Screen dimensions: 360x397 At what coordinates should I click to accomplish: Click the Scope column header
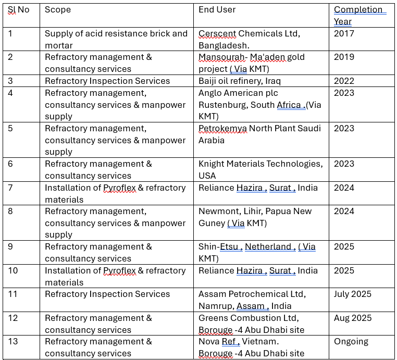click(57, 9)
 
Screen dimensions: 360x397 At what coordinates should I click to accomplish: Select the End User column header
click(217, 9)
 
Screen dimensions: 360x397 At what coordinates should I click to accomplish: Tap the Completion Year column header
click(359, 15)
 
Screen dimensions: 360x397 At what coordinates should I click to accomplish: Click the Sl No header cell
click(18, 9)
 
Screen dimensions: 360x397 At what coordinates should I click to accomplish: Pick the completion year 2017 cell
click(344, 33)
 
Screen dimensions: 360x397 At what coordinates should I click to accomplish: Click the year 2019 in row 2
click(344, 57)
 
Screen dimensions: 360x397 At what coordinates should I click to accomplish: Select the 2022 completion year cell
click(344, 81)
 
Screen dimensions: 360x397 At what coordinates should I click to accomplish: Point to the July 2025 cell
click(353, 294)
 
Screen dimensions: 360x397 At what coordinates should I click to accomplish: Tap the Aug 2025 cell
click(353, 318)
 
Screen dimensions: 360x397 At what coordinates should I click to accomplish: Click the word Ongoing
click(351, 341)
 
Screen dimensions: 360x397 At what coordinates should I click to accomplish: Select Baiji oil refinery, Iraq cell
click(240, 81)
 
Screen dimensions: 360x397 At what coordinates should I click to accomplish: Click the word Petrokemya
click(222, 128)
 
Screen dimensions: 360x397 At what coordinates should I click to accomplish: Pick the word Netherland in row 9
click(268, 246)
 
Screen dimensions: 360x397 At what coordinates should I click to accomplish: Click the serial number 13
click(13, 341)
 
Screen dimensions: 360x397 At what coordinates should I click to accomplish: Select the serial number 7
click(10, 188)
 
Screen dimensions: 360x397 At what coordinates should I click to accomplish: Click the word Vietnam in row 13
click(260, 341)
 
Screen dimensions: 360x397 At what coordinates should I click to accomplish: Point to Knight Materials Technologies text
click(260, 164)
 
